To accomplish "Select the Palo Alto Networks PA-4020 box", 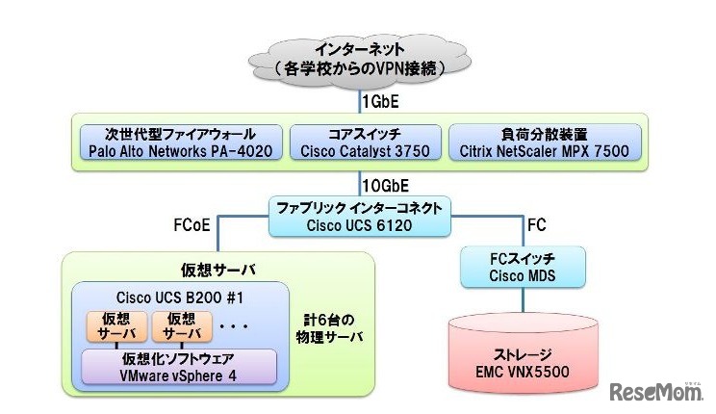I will [179, 142].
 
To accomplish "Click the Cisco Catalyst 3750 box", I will [366, 142].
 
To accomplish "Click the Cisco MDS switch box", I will [523, 269].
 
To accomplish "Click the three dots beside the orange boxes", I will [234, 325].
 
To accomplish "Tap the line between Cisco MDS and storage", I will [522, 301].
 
